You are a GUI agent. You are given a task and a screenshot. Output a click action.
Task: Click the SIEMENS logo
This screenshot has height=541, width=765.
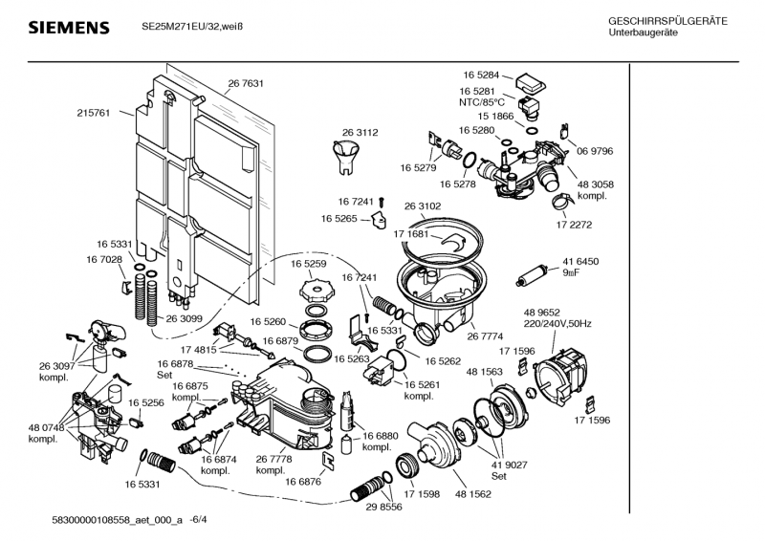(69, 28)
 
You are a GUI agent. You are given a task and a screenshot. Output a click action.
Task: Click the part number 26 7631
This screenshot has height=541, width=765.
(246, 83)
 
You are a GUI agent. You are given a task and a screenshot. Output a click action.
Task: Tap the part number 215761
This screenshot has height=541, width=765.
(93, 113)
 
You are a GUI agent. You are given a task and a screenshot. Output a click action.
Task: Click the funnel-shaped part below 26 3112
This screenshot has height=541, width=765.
(343, 155)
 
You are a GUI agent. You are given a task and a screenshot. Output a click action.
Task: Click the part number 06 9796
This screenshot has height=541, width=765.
(594, 151)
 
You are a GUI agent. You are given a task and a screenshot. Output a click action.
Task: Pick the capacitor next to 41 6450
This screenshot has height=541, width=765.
(529, 278)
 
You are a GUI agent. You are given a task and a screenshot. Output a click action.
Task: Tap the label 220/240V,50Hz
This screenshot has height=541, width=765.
(557, 324)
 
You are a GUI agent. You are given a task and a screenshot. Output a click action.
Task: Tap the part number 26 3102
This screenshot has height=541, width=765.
(423, 206)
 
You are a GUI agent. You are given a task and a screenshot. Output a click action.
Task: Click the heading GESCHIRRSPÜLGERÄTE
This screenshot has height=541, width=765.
(667, 22)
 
